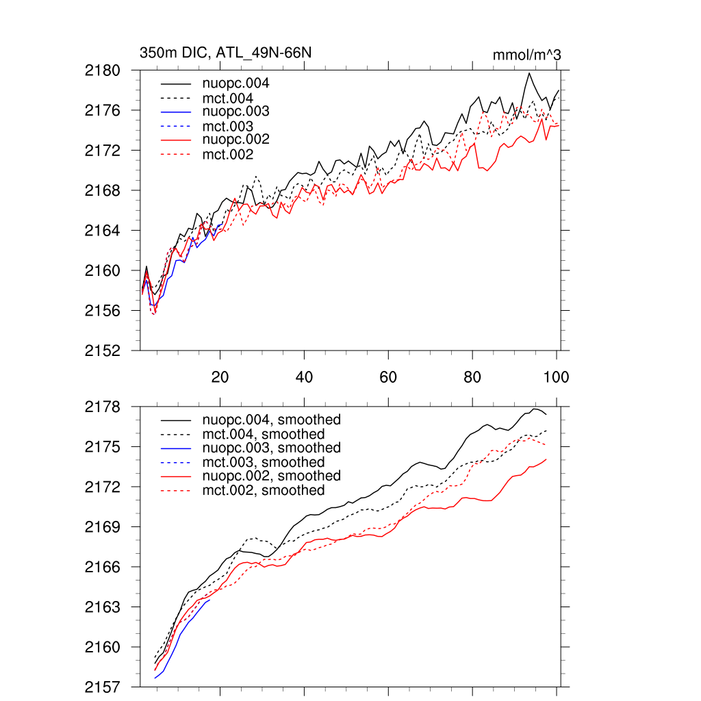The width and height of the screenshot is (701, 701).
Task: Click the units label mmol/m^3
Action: coord(526,55)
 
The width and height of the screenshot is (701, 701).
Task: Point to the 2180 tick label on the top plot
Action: coord(103,70)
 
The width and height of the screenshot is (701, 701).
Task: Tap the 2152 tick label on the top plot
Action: coord(103,350)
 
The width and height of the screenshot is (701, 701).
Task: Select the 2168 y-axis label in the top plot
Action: coord(103,190)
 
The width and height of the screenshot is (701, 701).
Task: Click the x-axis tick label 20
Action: coord(220,377)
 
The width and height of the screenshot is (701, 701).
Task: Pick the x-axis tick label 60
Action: coord(388,377)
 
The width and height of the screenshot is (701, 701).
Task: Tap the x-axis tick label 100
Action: coord(556,377)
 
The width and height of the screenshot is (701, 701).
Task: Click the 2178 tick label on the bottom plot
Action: coord(103,407)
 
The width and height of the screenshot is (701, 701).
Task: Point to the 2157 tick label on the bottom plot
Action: coord(103,687)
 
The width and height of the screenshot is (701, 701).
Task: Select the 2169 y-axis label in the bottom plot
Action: coord(103,527)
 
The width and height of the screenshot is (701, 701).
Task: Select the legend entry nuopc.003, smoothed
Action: coord(271,448)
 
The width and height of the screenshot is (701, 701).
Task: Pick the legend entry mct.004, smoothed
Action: coord(264,434)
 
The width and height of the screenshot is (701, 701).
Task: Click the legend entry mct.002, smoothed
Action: coord(264,490)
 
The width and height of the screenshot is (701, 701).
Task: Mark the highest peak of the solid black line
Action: coord(529,73)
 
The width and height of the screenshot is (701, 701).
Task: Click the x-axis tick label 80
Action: coord(472,377)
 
